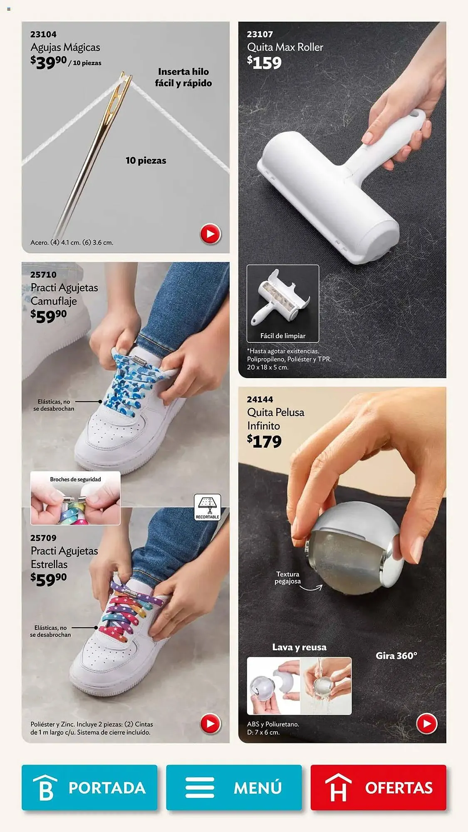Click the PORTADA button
tap(89, 787)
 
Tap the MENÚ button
tap(234, 787)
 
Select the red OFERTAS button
tap(378, 787)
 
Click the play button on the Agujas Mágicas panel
tap(210, 234)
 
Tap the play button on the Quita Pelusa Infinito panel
tap(427, 723)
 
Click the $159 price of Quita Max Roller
tap(264, 62)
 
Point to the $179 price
tap(264, 441)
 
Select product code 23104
tap(43, 34)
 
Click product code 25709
tap(43, 538)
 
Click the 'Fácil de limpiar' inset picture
tap(283, 303)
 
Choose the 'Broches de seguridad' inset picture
tap(75, 498)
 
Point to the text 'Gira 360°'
tap(396, 656)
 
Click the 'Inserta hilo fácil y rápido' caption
tap(183, 77)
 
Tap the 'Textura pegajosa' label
tap(287, 577)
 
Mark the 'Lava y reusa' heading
tap(299, 647)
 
